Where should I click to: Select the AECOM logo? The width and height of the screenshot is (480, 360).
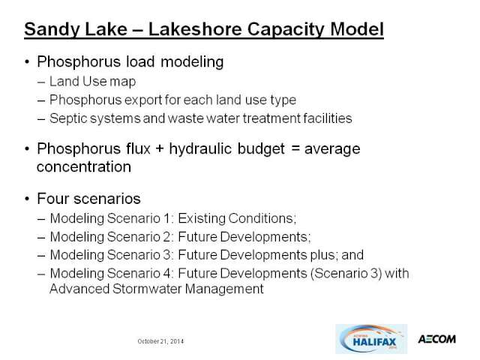tap(436, 339)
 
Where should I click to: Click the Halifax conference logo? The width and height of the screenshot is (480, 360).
tap(371, 339)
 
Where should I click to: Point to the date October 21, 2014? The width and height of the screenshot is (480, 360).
tap(160, 341)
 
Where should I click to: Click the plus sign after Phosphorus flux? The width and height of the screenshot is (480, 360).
tap(160, 149)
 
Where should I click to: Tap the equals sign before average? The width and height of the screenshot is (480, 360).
tap(295, 148)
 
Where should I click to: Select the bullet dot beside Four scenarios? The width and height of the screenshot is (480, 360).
tap(27, 199)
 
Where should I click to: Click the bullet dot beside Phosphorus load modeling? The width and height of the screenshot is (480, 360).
tap(27, 61)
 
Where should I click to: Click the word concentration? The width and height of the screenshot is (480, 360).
tap(84, 166)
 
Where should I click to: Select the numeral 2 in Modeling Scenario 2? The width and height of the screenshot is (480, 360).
tap(166, 237)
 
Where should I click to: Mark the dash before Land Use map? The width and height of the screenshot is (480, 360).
tap(41, 82)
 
